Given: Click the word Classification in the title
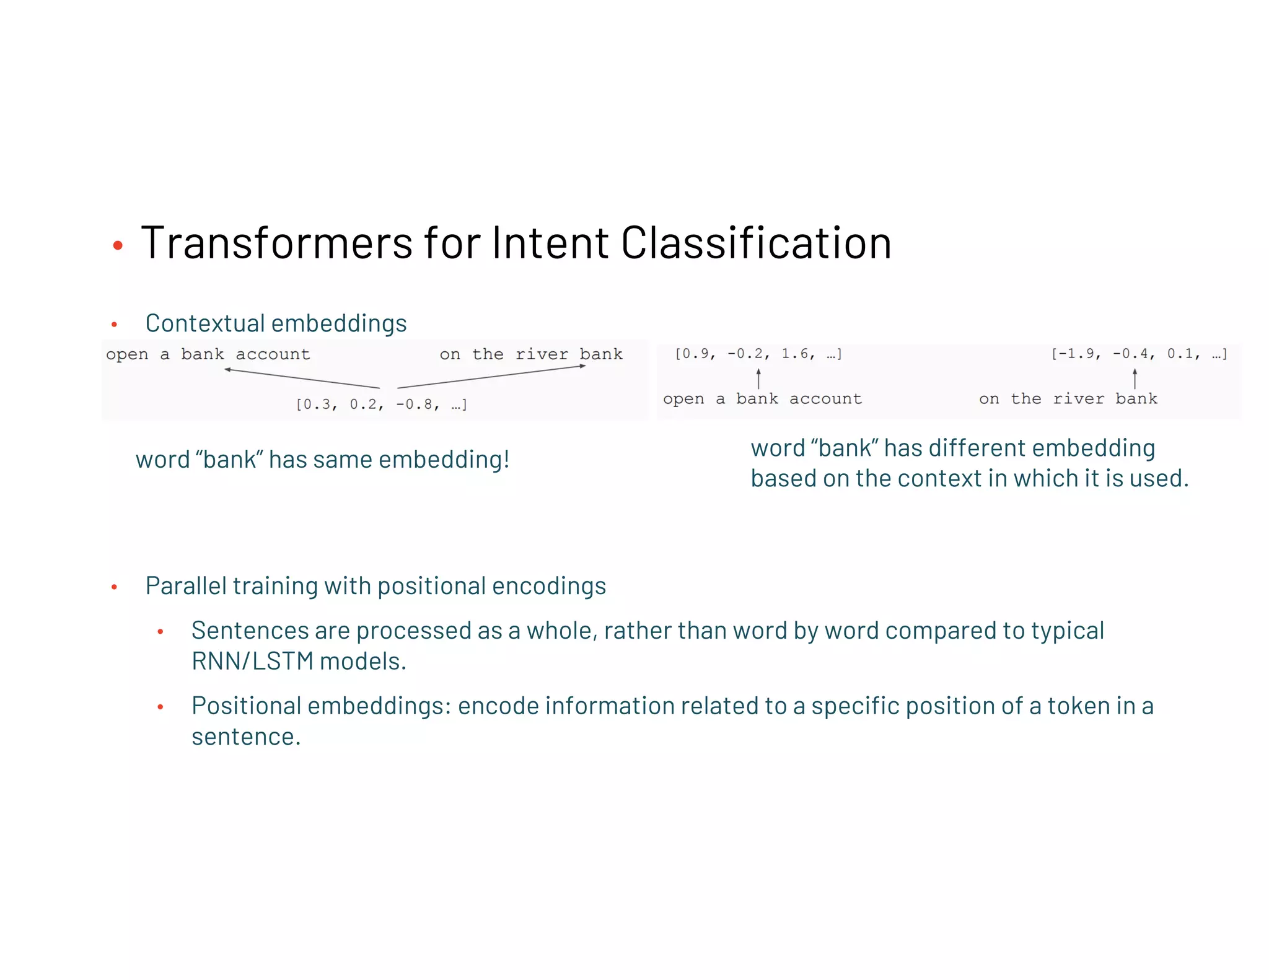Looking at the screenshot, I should (756, 243).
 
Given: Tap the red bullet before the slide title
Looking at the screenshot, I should (118, 246).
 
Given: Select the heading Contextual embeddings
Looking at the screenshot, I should (276, 323).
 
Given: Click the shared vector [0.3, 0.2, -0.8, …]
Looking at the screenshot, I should (382, 405).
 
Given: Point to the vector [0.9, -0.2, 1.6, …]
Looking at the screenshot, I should (758, 354).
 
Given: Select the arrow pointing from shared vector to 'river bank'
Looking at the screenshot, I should (491, 377).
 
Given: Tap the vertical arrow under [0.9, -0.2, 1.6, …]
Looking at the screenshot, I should (758, 378).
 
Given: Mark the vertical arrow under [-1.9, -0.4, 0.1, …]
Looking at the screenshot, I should (1135, 378).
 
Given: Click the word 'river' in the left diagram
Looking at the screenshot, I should (542, 354).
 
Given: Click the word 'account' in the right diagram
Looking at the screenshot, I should (825, 399).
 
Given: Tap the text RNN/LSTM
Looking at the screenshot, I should (252, 662).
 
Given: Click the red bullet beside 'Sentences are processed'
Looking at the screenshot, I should (160, 632).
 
